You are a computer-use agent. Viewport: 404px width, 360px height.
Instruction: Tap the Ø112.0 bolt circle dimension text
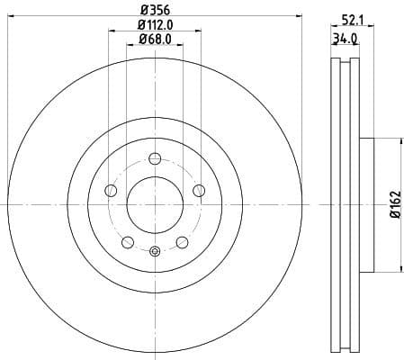point(155,25)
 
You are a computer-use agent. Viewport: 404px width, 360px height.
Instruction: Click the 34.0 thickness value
point(345,38)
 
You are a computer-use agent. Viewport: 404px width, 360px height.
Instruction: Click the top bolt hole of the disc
point(154,159)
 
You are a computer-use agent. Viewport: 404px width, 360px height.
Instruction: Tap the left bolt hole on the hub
point(111,191)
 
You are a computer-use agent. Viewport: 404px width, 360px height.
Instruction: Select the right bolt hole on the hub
point(199,190)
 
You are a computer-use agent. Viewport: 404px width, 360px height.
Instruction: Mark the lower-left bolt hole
point(127,242)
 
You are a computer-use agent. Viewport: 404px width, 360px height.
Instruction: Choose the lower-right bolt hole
point(182,242)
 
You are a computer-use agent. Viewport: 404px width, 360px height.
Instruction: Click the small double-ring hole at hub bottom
point(154,252)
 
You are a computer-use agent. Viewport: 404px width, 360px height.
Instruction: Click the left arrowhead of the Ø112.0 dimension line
point(112,31)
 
